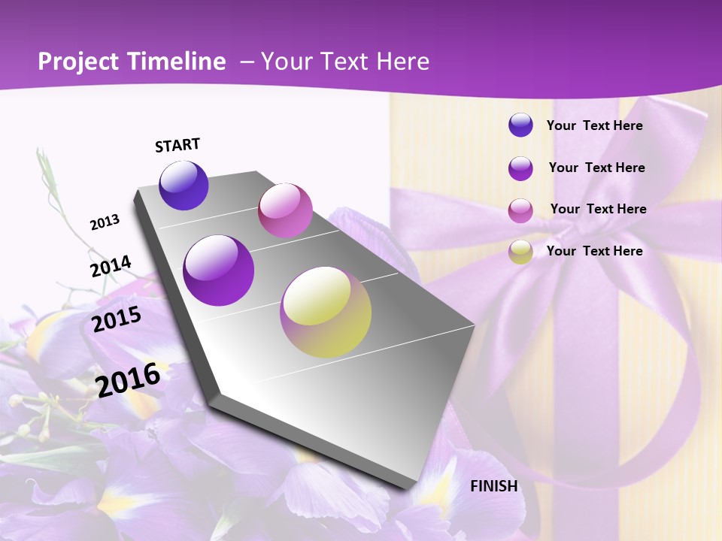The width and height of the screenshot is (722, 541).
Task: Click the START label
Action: click(x=177, y=145)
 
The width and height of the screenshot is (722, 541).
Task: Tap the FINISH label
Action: click(x=494, y=485)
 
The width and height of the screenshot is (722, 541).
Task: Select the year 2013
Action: click(x=105, y=222)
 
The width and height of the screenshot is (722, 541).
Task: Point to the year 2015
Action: click(x=117, y=319)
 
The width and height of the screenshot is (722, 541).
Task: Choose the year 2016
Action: click(x=128, y=379)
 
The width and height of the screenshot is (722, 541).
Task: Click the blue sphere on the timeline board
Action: click(x=184, y=185)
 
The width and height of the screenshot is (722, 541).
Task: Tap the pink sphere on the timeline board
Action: click(x=285, y=210)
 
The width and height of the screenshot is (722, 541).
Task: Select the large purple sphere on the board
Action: click(x=219, y=270)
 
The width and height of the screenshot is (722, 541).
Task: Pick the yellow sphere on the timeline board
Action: click(x=326, y=312)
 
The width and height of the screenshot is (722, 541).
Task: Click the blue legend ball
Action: click(x=520, y=125)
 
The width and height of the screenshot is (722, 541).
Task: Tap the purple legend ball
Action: click(x=520, y=168)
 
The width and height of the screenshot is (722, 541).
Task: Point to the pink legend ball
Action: click(x=520, y=210)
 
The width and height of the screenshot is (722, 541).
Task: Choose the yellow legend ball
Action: click(x=520, y=252)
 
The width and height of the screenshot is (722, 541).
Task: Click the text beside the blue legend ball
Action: click(x=594, y=125)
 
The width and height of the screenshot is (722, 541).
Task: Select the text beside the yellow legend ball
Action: click(x=594, y=251)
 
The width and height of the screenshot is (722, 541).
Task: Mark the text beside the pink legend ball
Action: click(x=598, y=209)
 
